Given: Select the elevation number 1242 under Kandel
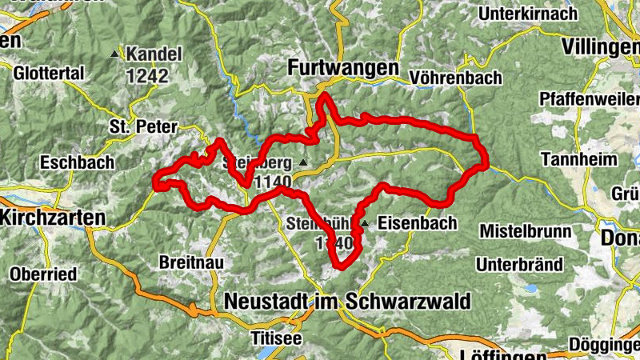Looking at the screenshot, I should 146,76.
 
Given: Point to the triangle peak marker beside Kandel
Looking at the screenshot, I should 114,55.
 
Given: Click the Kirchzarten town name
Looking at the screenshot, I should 53,217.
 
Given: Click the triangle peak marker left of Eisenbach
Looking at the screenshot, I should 365,223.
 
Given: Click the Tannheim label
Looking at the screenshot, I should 579,158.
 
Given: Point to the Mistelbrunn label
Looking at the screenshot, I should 526,231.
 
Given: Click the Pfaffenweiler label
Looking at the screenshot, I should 590,98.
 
